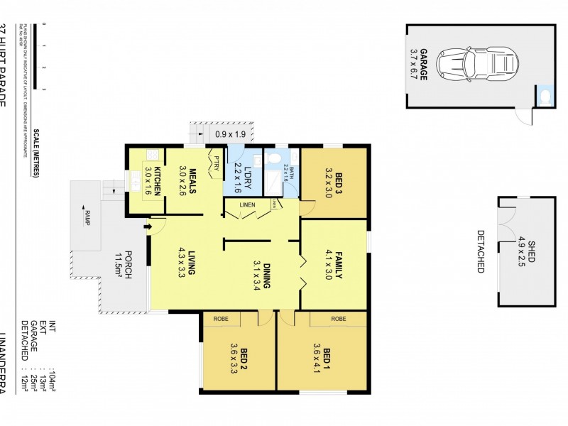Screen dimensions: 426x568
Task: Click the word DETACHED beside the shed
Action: pyautogui.click(x=480, y=251)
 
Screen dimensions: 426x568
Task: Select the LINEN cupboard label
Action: pyautogui.click(x=246, y=206)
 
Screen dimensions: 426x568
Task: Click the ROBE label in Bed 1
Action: pyautogui.click(x=339, y=319)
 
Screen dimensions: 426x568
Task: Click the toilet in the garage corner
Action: pyautogui.click(x=545, y=96)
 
